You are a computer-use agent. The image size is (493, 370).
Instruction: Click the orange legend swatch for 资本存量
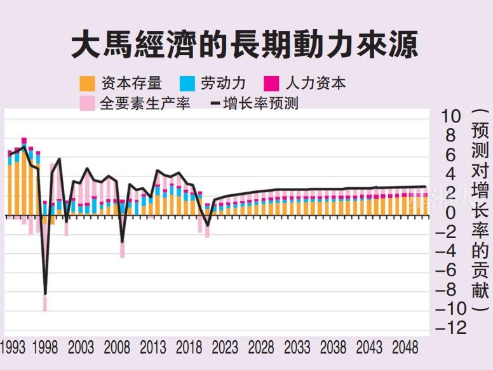click(x=87, y=83)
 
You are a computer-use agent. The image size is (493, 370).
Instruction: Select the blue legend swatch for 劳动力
click(x=187, y=83)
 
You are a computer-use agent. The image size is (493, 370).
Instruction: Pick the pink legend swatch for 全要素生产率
click(x=87, y=103)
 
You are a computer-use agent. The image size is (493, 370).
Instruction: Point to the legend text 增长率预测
click(x=260, y=103)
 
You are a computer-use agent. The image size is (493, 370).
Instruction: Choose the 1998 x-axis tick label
click(x=44, y=348)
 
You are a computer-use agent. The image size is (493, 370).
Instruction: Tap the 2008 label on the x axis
click(x=116, y=348)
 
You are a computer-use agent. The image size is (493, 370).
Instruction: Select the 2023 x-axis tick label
click(x=225, y=348)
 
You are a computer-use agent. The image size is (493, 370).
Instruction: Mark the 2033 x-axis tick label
click(x=297, y=348)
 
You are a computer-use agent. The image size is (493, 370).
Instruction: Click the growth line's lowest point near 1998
click(x=45, y=294)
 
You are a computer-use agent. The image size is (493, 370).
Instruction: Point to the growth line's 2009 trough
click(x=123, y=242)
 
